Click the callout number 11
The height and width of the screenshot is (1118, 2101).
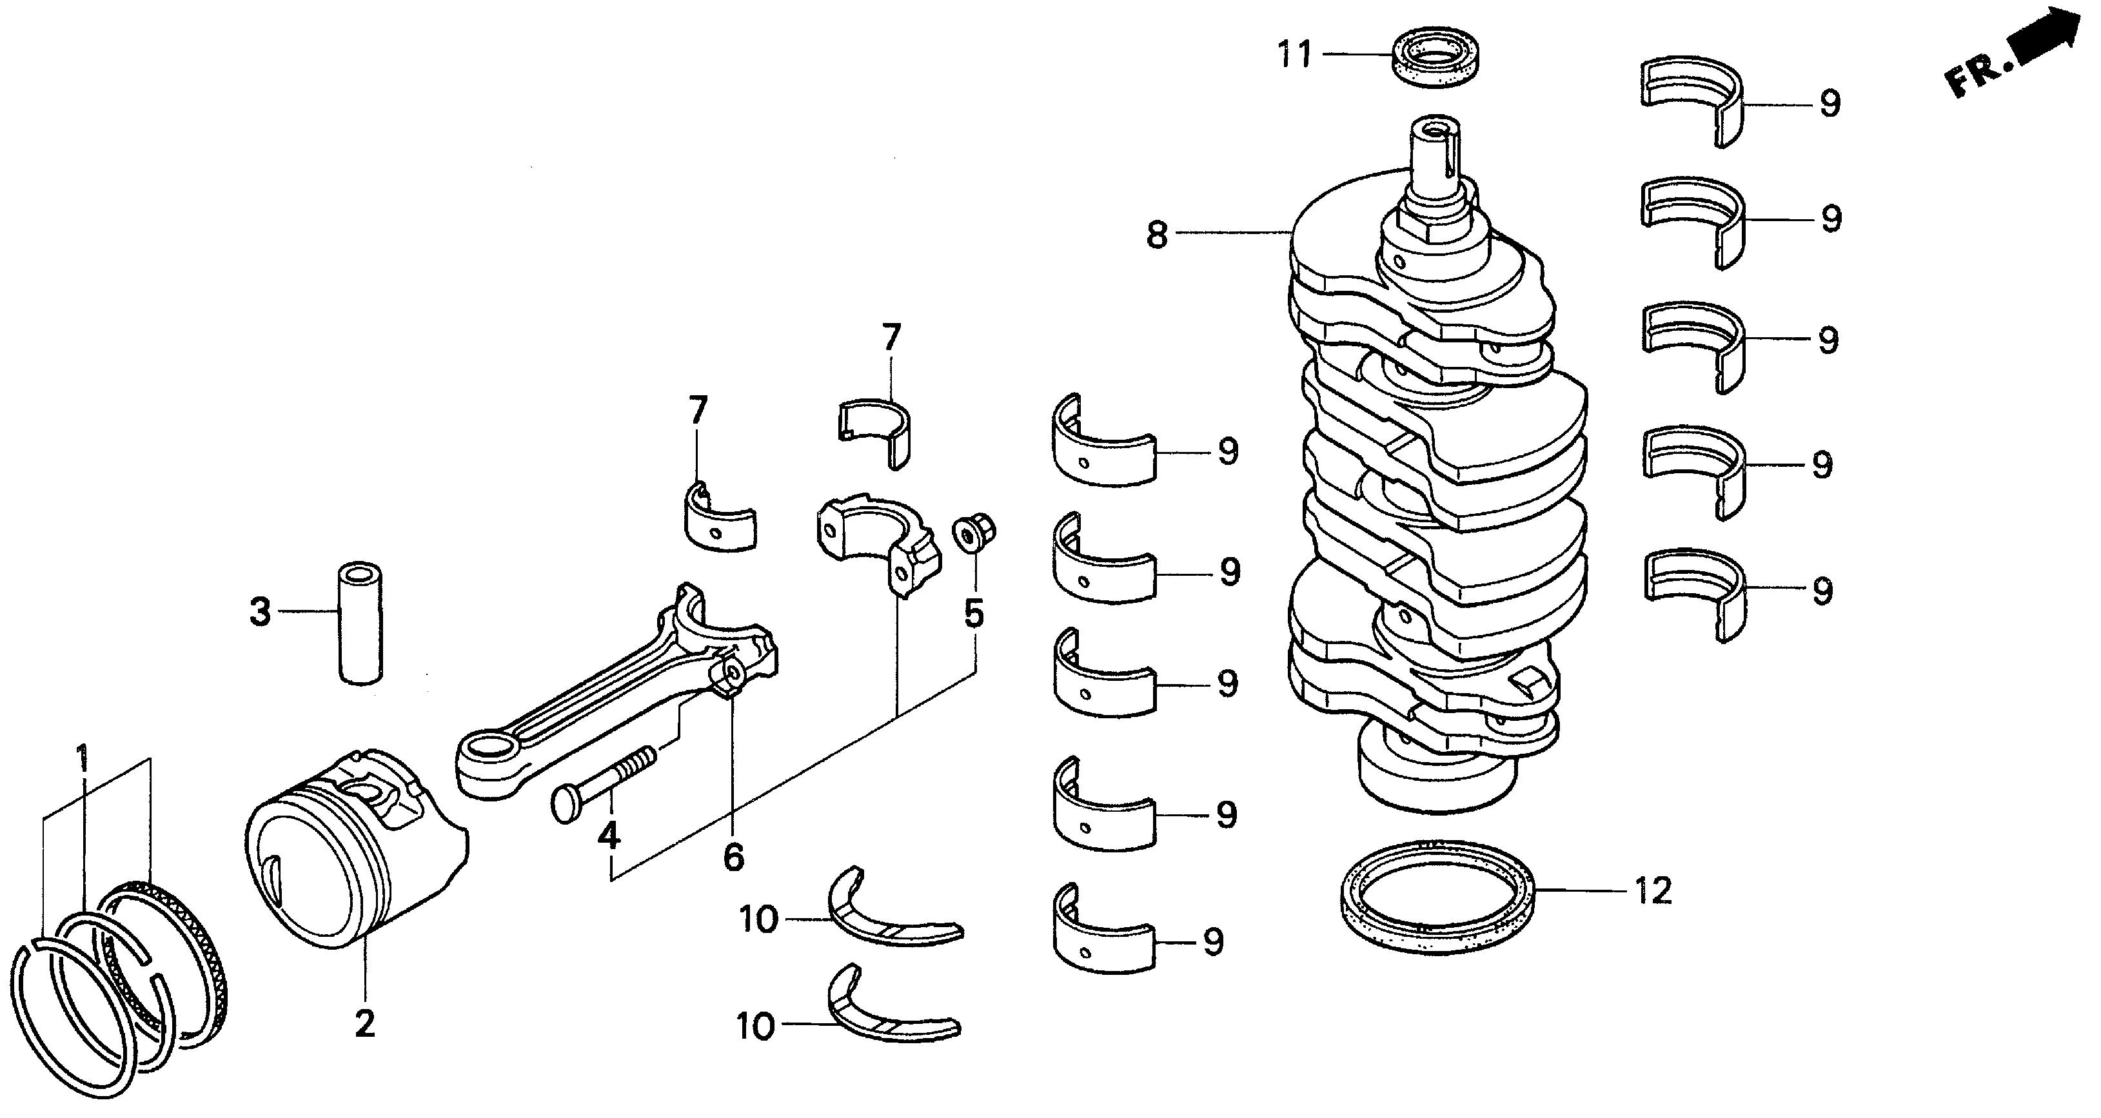[x=1294, y=55]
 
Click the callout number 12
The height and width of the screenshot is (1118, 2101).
[x=1652, y=890]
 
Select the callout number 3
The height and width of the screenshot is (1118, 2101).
[x=259, y=612]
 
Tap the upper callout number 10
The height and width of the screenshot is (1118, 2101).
[x=758, y=921]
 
